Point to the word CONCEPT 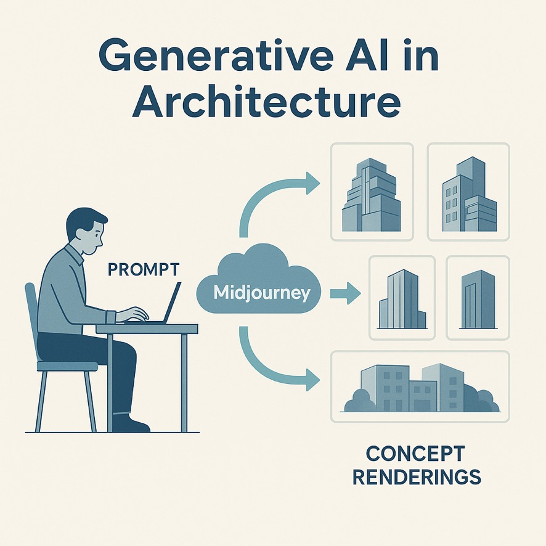point(415,454)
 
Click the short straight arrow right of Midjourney point(345,293)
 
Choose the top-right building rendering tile point(468,192)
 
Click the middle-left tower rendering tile point(402,298)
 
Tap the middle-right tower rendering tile point(478,298)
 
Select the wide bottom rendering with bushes point(420,386)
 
